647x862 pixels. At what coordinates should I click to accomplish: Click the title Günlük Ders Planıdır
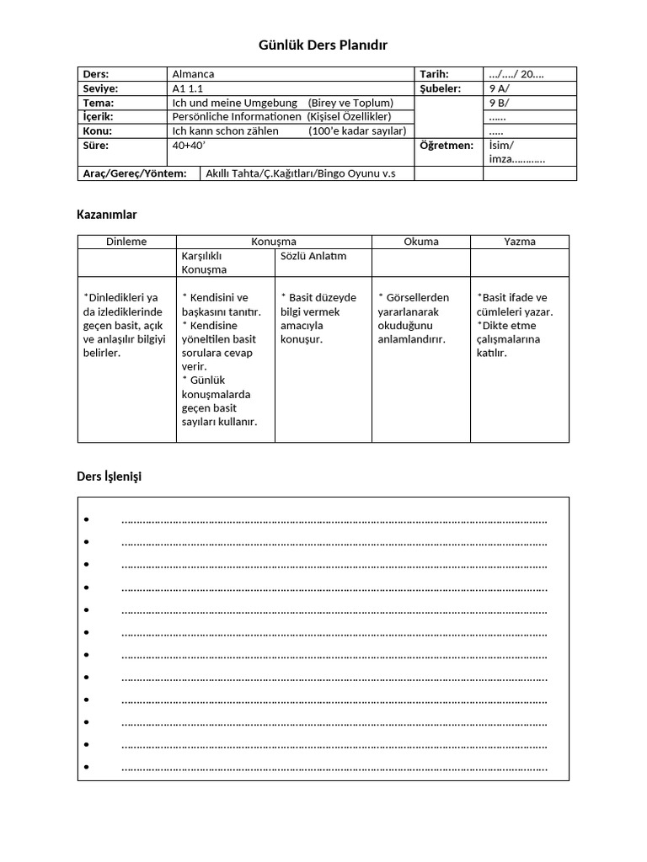(323, 45)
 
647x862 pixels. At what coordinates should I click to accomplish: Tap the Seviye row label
(100, 88)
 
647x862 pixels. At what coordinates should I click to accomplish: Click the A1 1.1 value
(187, 88)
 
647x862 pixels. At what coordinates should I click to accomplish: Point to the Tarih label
(434, 74)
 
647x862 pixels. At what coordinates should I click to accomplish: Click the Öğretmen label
(446, 146)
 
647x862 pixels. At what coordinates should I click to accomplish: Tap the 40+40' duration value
(189, 146)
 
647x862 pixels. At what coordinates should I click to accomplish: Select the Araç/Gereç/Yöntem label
(134, 173)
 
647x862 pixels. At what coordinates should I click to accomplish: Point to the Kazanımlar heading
(107, 215)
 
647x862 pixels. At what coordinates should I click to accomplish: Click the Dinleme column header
(126, 242)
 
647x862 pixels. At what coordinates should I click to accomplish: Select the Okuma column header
(421, 242)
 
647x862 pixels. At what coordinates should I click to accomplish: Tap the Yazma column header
(520, 242)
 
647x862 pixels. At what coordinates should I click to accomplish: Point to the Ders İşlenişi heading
(110, 476)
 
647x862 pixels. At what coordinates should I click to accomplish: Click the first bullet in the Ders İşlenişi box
(87, 520)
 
